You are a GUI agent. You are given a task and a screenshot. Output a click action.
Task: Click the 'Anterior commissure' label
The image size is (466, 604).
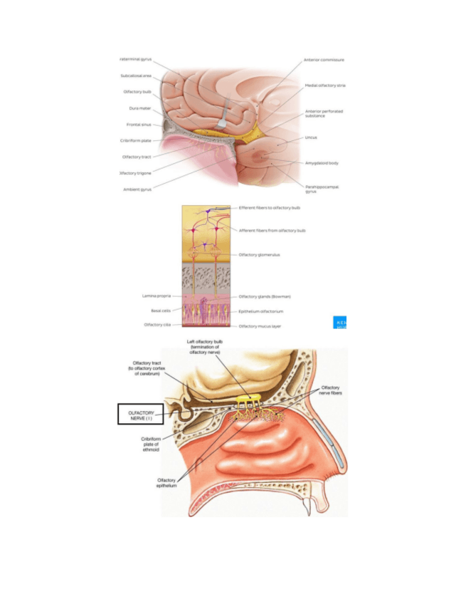[324, 60]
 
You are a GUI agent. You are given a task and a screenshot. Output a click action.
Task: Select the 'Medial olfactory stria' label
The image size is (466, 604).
[324, 85]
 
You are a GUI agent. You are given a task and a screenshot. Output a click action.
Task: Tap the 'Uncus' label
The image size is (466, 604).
[311, 137]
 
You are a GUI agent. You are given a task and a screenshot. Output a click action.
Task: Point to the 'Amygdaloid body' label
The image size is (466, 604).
[322, 163]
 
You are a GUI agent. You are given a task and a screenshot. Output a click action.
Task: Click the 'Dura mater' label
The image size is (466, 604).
[140, 108]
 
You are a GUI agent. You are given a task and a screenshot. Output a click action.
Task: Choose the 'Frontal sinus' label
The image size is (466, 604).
[138, 124]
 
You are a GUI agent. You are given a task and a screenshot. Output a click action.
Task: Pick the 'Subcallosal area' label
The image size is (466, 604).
[136, 75]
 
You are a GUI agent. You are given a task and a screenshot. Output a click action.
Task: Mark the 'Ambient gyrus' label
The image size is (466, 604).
[137, 189]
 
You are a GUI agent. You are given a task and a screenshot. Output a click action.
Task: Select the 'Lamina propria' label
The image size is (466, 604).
[155, 296]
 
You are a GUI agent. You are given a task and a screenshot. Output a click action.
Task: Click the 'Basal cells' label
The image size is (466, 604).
[160, 311]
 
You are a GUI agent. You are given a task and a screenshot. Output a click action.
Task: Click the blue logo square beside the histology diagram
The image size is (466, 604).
[340, 323]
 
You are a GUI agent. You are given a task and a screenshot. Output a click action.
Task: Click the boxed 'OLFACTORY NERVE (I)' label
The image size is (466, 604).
[140, 415]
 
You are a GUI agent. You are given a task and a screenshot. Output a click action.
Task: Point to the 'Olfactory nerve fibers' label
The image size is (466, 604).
[329, 390]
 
